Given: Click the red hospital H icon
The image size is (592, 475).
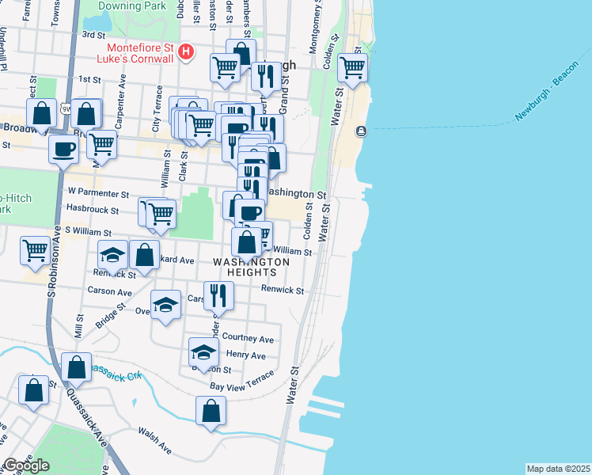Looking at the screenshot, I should click(186, 53).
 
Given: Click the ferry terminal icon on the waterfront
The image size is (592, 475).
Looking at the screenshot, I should click(362, 131).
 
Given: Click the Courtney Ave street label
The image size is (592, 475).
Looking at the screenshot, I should click(249, 339).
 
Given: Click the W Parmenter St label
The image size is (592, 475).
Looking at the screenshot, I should click(98, 192).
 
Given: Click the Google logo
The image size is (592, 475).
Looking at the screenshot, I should click(27, 465).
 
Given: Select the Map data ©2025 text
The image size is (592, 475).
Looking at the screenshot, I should click(558, 469).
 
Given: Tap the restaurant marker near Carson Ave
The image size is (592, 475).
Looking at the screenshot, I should click(219, 295).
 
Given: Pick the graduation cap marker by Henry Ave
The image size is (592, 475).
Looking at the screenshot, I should click(203, 352).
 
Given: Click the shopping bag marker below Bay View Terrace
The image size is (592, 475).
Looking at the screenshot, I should click(211, 410).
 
